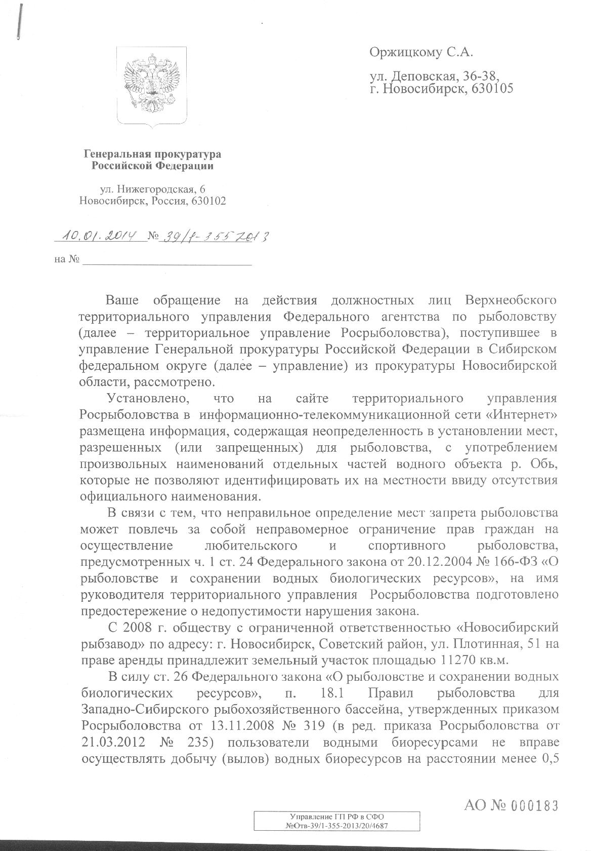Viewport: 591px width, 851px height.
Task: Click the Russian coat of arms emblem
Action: click(152, 84)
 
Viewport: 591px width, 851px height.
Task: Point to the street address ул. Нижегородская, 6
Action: click(153, 189)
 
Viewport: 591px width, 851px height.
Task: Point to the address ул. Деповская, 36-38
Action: click(435, 76)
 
